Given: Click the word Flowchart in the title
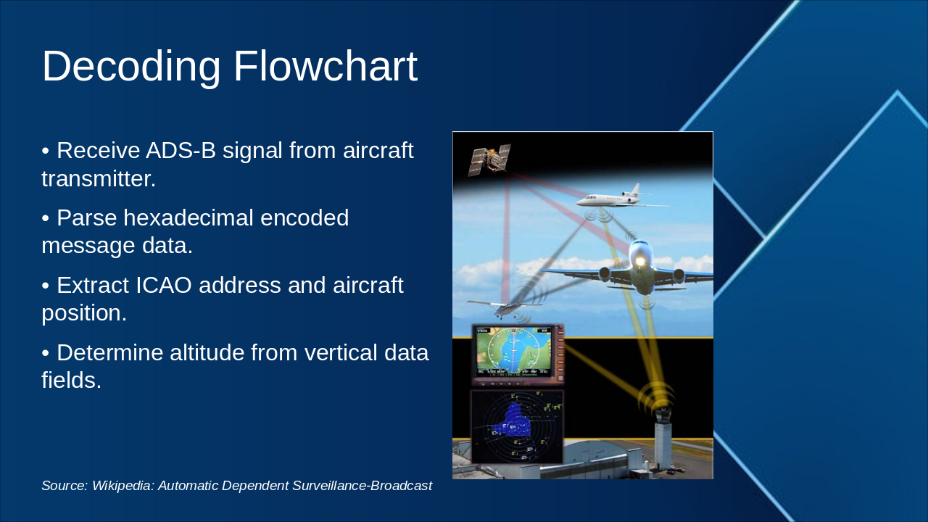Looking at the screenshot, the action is point(326,66).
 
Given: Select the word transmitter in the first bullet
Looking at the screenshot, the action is point(98,179).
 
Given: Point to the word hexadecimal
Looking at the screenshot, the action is point(188,217).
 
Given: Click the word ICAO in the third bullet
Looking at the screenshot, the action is point(164,285).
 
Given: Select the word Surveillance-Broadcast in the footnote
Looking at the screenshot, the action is point(362,486).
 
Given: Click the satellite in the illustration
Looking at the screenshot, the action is point(489,160).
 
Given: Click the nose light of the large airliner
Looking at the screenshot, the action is point(640,262).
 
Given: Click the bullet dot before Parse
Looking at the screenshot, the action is point(45,218).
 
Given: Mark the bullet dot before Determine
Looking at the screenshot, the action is point(45,353).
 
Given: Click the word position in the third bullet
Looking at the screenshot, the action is point(83,313).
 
